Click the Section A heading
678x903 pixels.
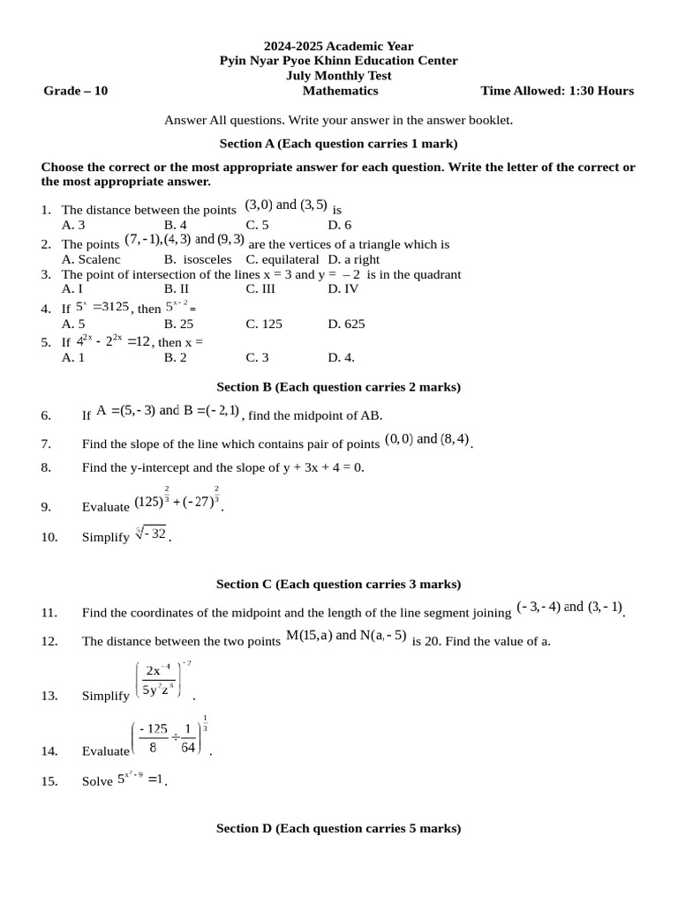click(x=338, y=143)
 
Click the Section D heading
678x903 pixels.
click(x=338, y=828)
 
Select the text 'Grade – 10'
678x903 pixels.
click(x=76, y=90)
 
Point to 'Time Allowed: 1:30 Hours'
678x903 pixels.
click(x=556, y=90)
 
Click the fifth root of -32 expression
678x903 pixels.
click(x=151, y=534)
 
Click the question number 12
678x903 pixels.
click(x=49, y=641)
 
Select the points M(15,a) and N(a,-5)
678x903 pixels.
click(x=346, y=636)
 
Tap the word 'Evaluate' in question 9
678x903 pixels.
click(x=105, y=507)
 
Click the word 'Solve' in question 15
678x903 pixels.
click(x=97, y=781)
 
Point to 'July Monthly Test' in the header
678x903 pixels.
click(x=338, y=76)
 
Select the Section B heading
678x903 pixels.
click(x=338, y=386)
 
